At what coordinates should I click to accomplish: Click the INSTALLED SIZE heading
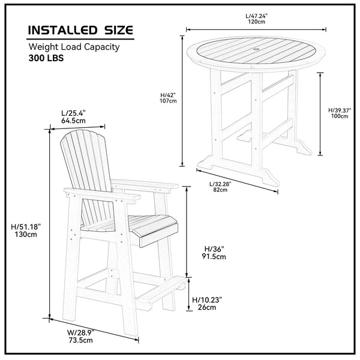(81, 30)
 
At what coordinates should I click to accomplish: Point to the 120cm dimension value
(256, 21)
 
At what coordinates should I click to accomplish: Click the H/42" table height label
(168, 94)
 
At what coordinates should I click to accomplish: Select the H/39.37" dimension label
(339, 109)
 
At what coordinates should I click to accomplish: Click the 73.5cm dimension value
(81, 340)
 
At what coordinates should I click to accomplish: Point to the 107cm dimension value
(169, 101)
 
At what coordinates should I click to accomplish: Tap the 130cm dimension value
(29, 235)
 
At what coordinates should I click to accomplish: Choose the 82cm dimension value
(220, 190)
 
